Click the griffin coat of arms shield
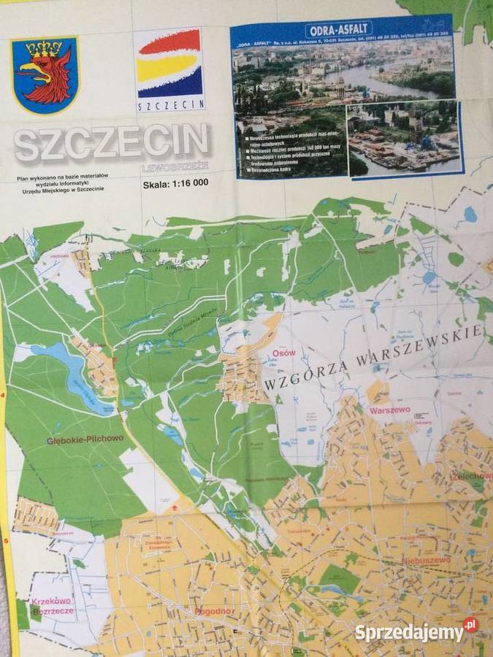[45, 74]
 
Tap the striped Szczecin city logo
[169, 69]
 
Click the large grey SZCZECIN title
[112, 143]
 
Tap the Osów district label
[283, 353]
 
